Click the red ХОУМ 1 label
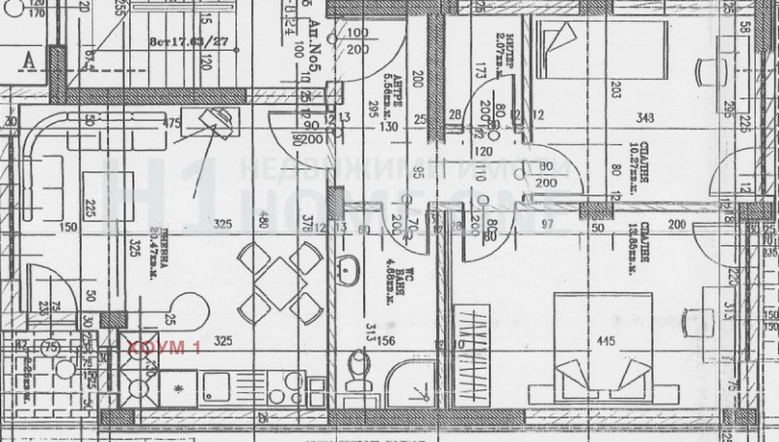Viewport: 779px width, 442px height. coord(163,347)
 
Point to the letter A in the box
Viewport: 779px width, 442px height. coord(30,60)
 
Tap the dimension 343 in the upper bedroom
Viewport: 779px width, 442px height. coord(645,118)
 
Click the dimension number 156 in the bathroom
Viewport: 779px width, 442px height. coord(386,339)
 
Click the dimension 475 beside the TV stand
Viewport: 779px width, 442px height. coord(170,123)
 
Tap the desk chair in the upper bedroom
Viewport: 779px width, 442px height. coord(710,73)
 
